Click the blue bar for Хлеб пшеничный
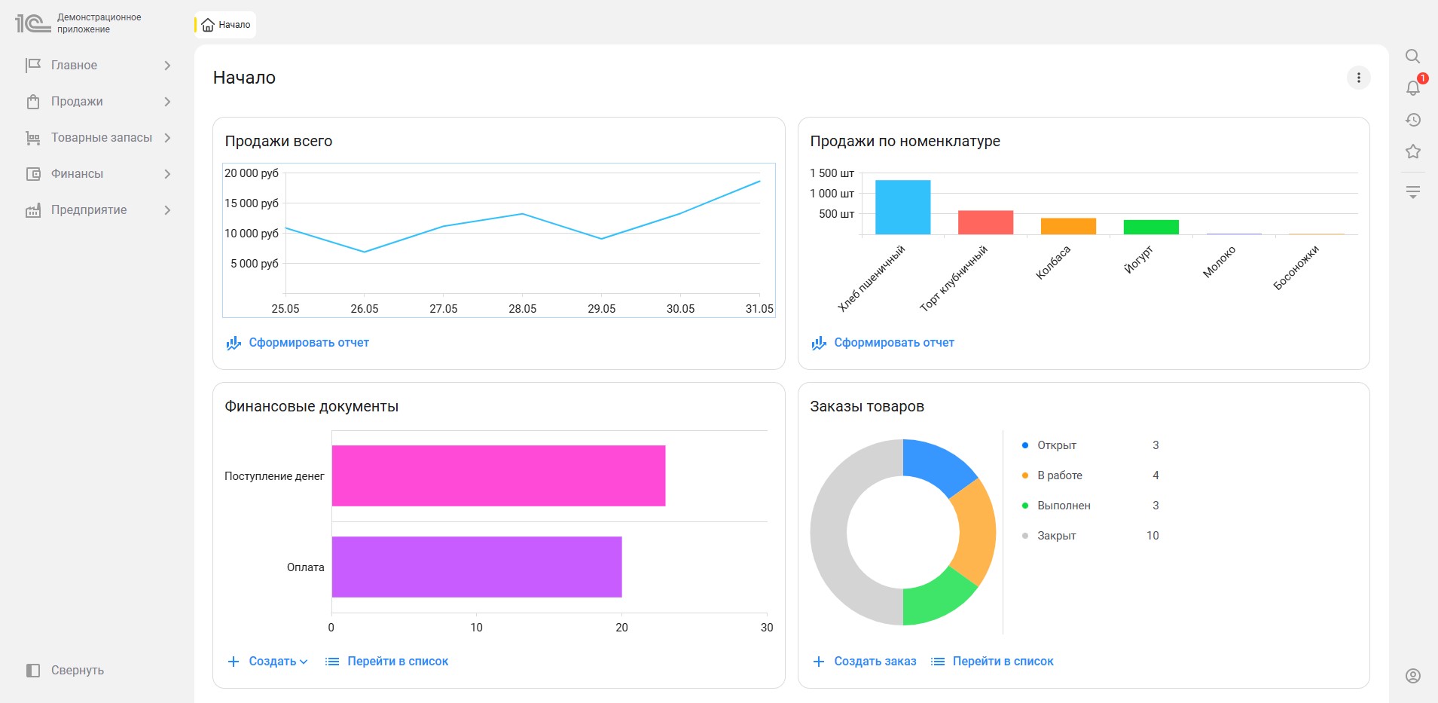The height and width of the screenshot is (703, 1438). [902, 207]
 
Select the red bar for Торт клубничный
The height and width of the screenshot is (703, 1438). [985, 222]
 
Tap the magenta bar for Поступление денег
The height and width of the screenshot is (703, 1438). [499, 475]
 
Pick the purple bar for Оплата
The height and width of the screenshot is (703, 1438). [477, 567]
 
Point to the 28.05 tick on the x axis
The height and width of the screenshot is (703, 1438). [523, 309]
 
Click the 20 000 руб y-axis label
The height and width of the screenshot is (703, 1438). [252, 173]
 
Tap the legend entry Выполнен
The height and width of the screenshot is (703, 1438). [1064, 506]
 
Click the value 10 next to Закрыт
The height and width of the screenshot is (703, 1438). [1153, 536]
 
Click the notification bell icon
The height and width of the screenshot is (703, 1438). [1413, 88]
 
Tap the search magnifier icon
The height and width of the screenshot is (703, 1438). [1413, 57]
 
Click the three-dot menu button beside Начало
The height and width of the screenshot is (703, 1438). [1359, 78]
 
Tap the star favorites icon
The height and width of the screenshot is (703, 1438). [1413, 151]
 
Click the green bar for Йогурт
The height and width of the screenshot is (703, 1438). [1151, 227]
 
